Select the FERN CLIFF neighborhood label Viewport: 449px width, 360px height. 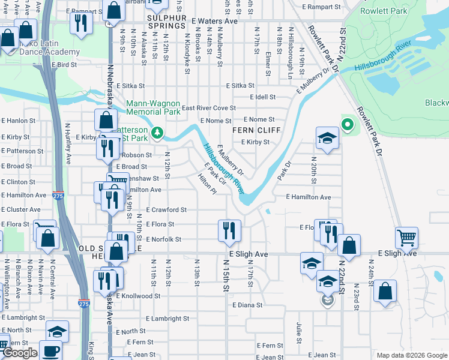click(251, 130)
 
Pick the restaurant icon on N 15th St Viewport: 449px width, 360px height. click(229, 231)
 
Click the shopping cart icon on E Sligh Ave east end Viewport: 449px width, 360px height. click(407, 238)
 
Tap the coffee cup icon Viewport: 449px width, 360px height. click(51, 350)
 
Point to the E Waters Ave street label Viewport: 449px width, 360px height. click(215, 20)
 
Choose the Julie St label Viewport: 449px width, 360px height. click(298, 329)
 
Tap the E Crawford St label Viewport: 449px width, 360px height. click(166, 210)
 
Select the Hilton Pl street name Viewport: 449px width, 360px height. click(207, 183)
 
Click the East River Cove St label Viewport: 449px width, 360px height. click(208, 108)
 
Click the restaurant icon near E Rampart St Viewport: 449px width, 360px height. click(80, 23)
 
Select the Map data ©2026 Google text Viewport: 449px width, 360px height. click(411, 355)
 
